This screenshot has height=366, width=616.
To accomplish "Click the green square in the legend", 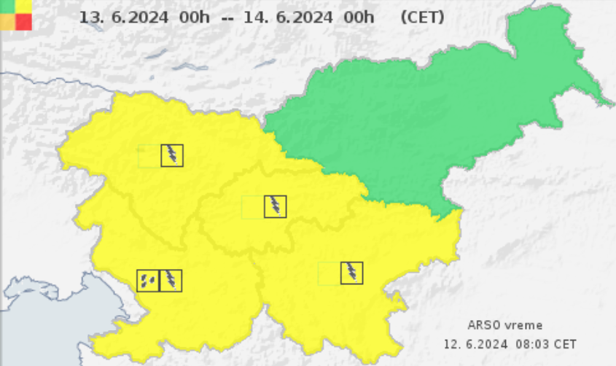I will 7,6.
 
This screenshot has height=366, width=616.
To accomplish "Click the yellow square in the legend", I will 23,6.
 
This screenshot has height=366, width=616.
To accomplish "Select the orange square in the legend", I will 7,22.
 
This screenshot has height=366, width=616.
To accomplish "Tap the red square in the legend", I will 23,22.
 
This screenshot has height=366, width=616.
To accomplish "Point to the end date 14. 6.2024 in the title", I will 285,17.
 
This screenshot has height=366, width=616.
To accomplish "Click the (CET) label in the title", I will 422,17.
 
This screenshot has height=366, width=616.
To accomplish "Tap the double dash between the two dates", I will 227,17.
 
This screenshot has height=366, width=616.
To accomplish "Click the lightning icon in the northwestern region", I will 172,155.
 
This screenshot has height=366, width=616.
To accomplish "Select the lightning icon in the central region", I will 275,206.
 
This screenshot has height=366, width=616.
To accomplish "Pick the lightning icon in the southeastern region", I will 351,273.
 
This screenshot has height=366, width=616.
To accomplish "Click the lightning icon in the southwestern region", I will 171,280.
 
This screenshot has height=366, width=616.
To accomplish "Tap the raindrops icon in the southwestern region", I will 148,280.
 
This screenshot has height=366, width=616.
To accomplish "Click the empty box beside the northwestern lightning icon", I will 149,155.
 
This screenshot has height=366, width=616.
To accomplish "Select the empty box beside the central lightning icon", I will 252,206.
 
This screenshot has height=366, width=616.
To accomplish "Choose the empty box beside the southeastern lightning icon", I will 329,273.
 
